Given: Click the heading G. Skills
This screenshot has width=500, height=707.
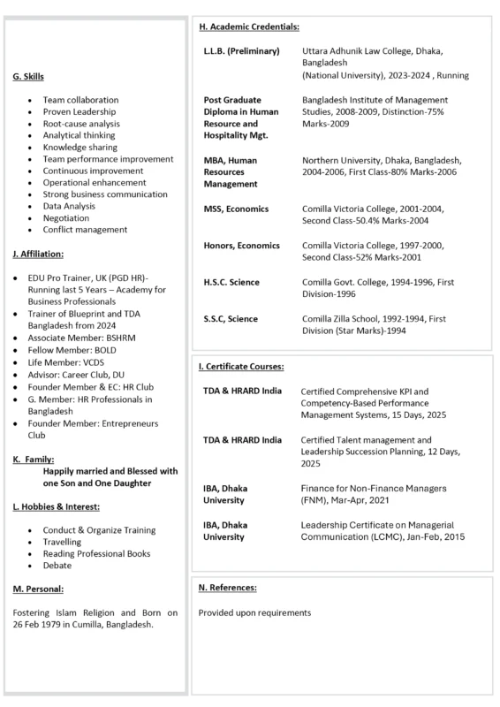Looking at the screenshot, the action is pyautogui.click(x=30, y=78).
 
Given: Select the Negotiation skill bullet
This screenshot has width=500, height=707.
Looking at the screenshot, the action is pyautogui.click(x=67, y=217).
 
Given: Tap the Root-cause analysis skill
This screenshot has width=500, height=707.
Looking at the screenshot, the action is pyautogui.click(x=81, y=124).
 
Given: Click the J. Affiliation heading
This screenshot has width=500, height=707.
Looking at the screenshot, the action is pyautogui.click(x=38, y=254).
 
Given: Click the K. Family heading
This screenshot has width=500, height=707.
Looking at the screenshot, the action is pyautogui.click(x=34, y=460).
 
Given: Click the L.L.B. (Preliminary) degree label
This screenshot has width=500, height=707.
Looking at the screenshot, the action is pyautogui.click(x=241, y=51).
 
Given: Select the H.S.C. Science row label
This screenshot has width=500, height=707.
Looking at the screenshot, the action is pyautogui.click(x=231, y=282).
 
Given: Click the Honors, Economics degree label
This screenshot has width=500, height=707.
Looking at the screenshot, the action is pyautogui.click(x=241, y=246).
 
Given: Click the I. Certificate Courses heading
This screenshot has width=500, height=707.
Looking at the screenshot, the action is pyautogui.click(x=240, y=365).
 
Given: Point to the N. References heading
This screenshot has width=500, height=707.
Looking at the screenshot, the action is pyautogui.click(x=227, y=588).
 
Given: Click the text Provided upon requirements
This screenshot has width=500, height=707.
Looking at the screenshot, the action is pyautogui.click(x=254, y=612).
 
